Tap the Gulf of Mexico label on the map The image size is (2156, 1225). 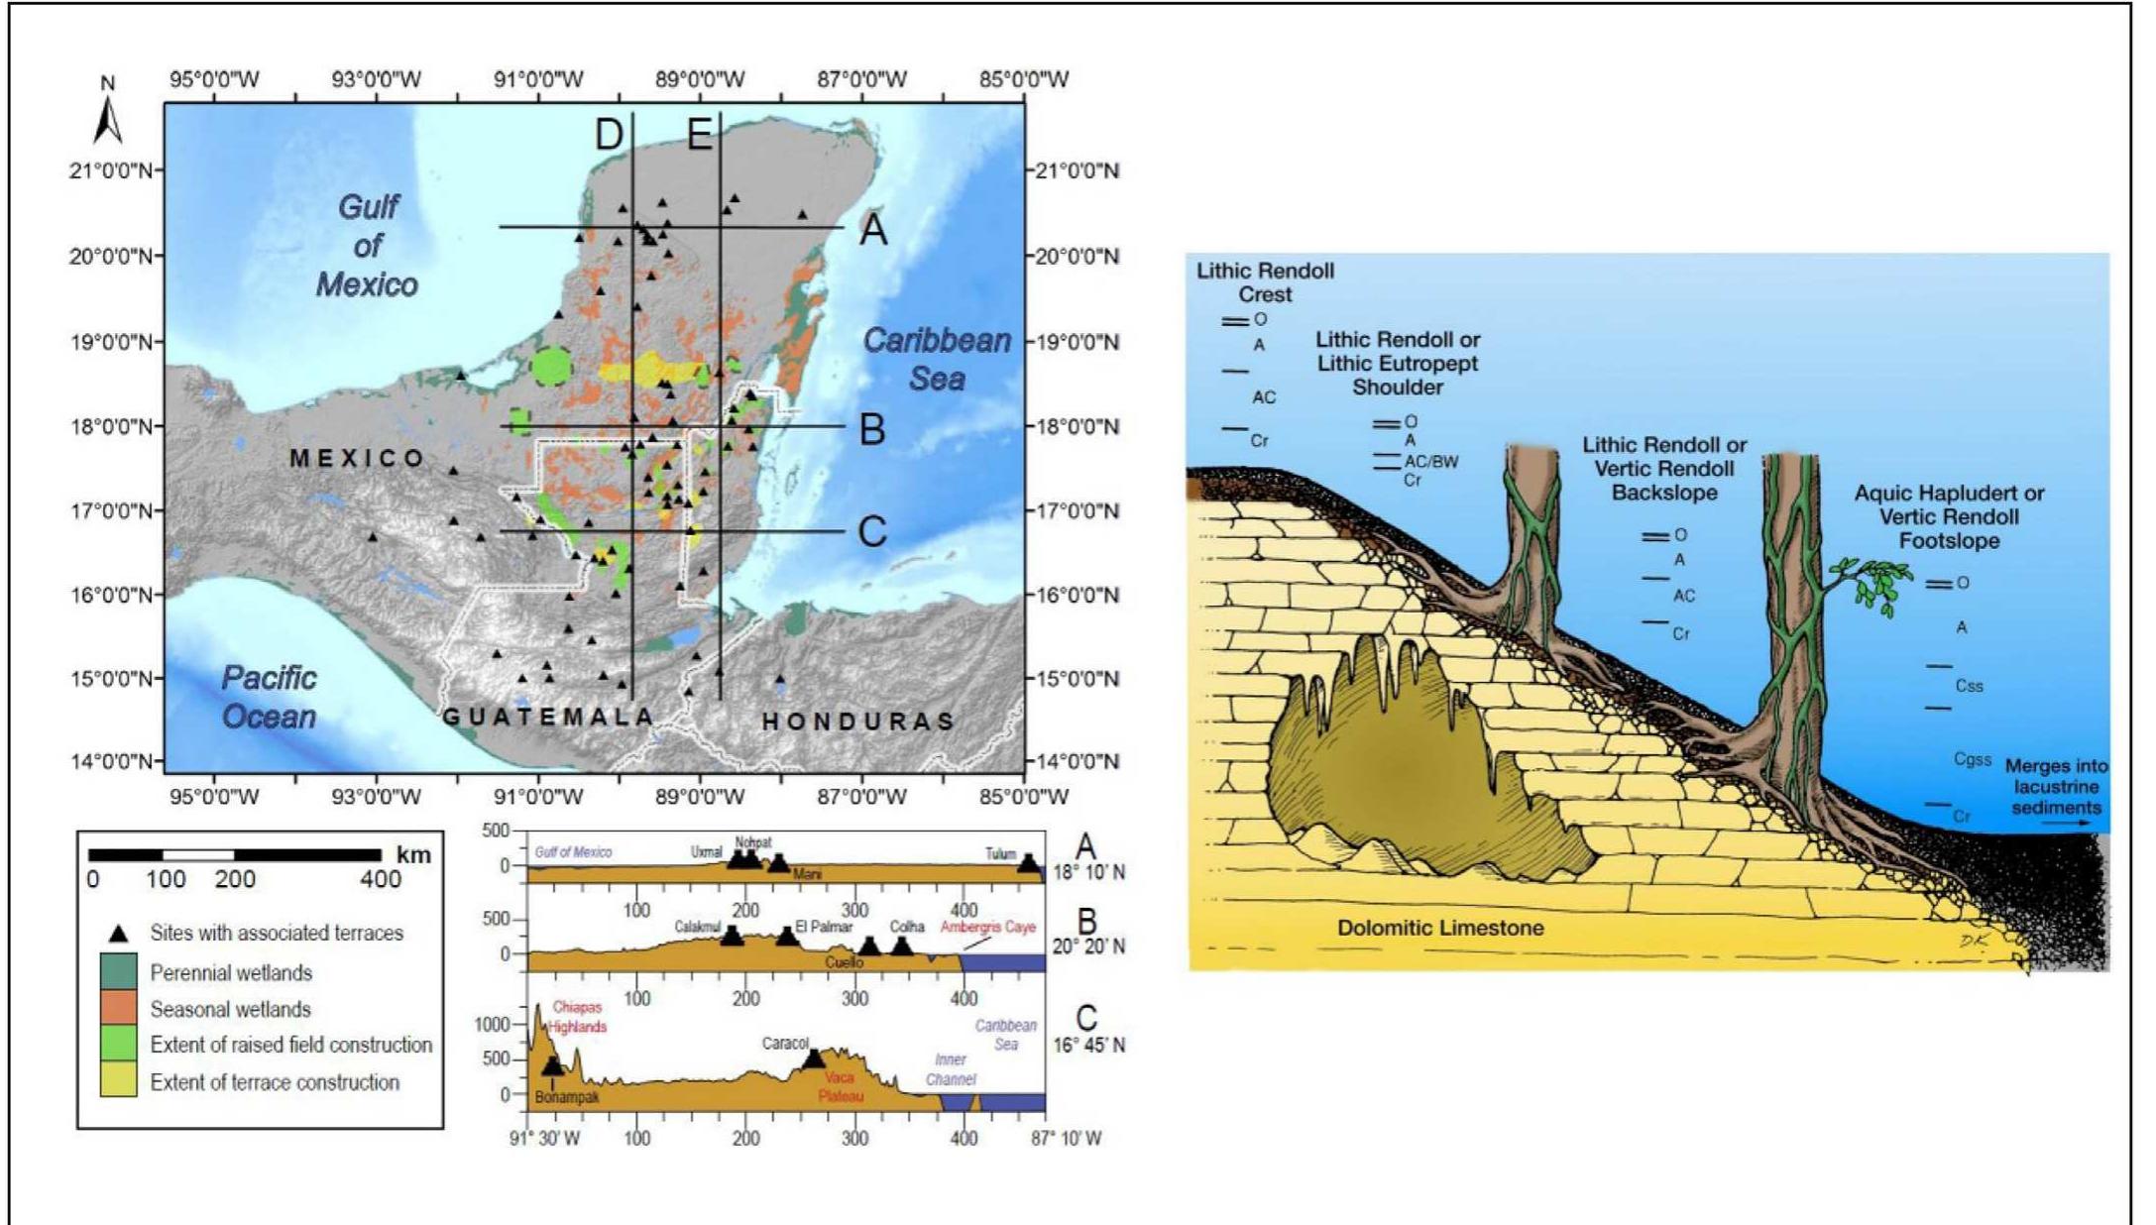pos(367,246)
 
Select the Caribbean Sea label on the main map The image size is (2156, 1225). pos(937,359)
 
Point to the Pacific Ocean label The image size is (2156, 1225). pos(269,697)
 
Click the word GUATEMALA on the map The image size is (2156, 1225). pos(548,717)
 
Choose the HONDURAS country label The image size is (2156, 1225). pos(858,722)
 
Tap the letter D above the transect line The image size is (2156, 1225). pos(609,134)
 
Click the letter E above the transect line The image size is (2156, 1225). pos(699,134)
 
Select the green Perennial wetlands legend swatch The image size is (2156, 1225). pos(118,972)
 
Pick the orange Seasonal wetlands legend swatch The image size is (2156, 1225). pos(118,1009)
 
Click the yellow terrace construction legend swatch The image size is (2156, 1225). pos(118,1081)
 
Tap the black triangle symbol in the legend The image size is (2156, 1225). pos(118,934)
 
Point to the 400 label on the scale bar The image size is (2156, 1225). pos(381,879)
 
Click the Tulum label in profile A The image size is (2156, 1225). pos(1000,853)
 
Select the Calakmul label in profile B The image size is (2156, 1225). pos(697,927)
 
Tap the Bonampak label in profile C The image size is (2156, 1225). pos(567,1098)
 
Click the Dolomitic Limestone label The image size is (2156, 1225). pos(1440,928)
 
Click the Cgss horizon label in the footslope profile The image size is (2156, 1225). pos(1972,759)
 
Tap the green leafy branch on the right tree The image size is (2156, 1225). pos(1873,583)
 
